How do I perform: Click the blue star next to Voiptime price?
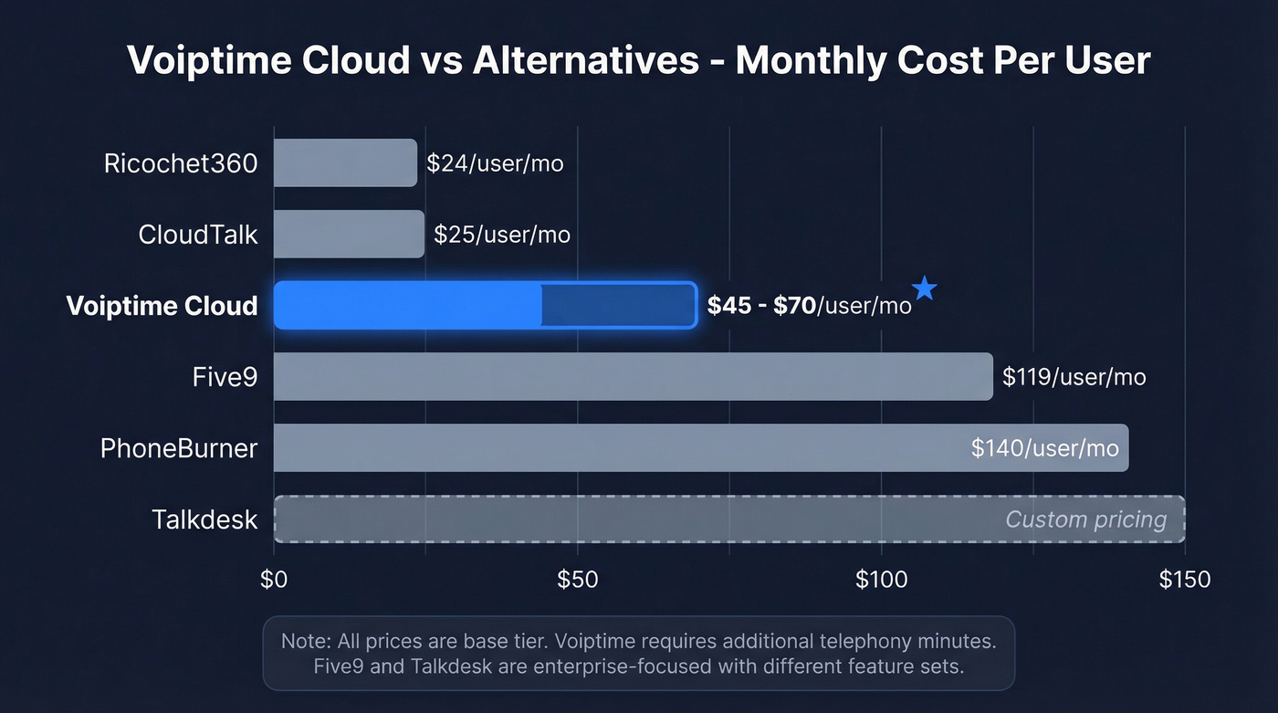[925, 289]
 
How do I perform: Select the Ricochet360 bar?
[345, 163]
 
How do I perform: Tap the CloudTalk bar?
[349, 235]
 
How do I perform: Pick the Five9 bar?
[633, 376]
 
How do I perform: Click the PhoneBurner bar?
[621, 447]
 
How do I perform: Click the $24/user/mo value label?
[495, 164]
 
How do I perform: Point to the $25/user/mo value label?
[501, 235]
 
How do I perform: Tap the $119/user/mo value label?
[1074, 377]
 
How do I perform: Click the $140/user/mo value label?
[1045, 448]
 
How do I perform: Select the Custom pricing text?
[1085, 519]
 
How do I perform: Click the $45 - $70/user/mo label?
[809, 306]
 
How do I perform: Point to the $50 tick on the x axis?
[577, 580]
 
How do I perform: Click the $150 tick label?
[1184, 580]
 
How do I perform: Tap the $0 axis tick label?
[274, 580]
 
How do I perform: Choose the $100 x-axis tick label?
[881, 580]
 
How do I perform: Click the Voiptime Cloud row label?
[162, 306]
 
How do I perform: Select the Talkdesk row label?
[204, 519]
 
